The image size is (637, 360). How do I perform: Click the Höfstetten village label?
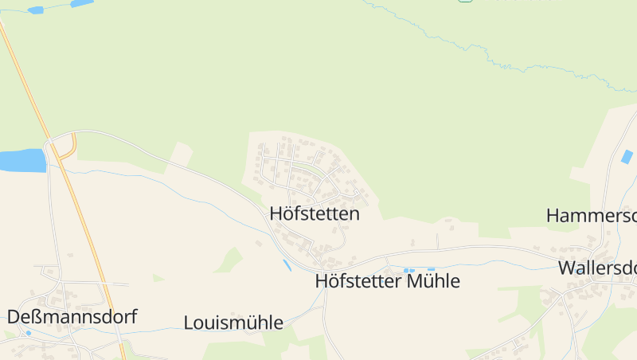point(315,214)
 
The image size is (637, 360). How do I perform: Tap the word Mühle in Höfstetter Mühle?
point(433,281)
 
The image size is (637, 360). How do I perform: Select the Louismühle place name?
point(233,323)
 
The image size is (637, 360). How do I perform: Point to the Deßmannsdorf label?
point(72,317)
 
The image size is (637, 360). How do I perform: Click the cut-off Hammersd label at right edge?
point(592,215)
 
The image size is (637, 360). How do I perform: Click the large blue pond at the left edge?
point(22,160)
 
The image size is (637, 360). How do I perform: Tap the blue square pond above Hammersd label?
point(627,157)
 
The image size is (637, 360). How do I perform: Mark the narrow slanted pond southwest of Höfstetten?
point(287,264)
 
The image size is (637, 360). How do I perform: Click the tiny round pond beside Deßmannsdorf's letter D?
point(28,333)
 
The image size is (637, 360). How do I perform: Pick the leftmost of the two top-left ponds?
point(36,10)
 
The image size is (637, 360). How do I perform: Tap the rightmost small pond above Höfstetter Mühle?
point(431,269)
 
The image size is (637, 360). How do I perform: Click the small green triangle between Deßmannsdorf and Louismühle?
point(158,278)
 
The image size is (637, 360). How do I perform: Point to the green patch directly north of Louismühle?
point(230,260)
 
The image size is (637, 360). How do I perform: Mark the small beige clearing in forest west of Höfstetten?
point(182,154)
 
